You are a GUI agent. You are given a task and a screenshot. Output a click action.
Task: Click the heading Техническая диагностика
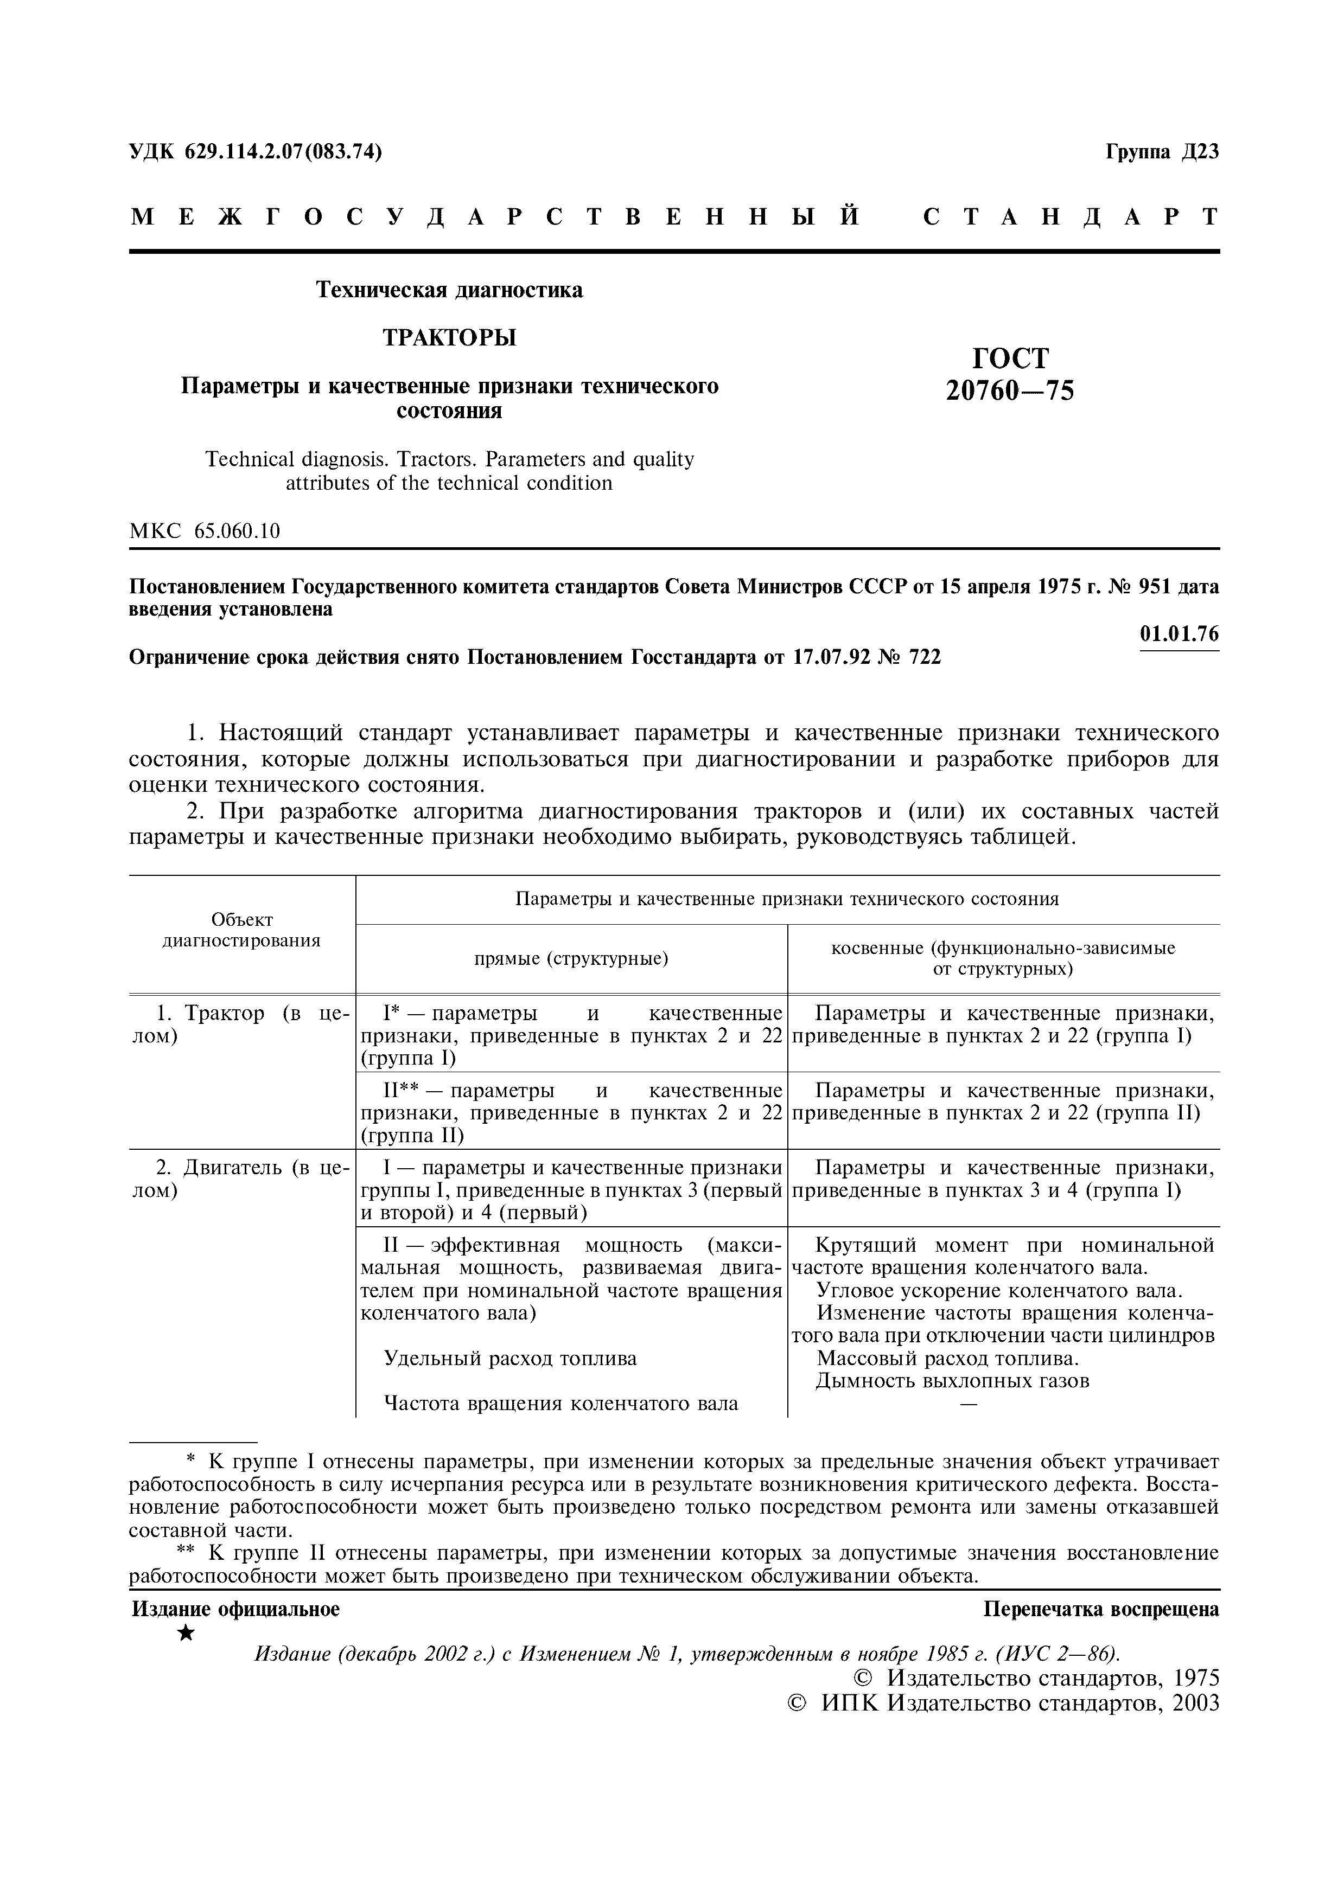[x=449, y=290]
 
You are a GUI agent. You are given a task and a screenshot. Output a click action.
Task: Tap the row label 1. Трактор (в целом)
[x=242, y=1024]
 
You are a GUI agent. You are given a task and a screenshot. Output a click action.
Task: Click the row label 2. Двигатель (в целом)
[x=242, y=1179]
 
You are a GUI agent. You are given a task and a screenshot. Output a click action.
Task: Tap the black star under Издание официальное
[x=187, y=1633]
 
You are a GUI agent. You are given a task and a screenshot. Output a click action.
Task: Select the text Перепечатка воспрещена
[x=1101, y=1609]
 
